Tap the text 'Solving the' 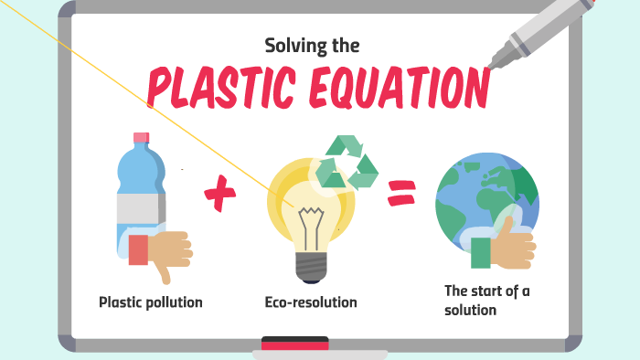click(313, 44)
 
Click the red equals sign click(400, 191)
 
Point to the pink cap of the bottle click(141, 138)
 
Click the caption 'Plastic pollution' click(151, 302)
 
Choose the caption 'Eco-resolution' click(311, 302)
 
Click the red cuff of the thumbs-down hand click(138, 249)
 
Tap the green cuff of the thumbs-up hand click(481, 253)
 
